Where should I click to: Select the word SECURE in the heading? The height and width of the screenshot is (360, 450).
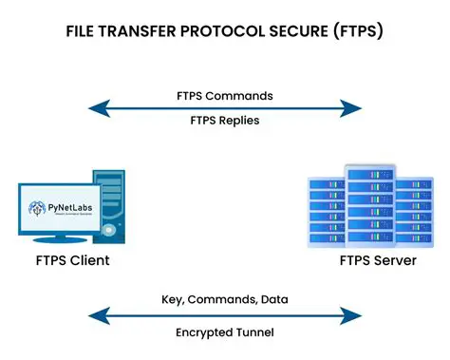point(298,30)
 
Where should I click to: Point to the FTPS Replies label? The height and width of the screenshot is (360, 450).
point(225,120)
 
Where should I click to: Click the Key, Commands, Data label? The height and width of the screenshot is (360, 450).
point(225,299)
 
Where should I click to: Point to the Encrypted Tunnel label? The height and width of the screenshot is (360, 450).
point(225,332)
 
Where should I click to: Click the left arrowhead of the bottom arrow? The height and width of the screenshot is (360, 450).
point(93,316)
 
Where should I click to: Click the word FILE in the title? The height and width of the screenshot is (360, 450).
point(83,30)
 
